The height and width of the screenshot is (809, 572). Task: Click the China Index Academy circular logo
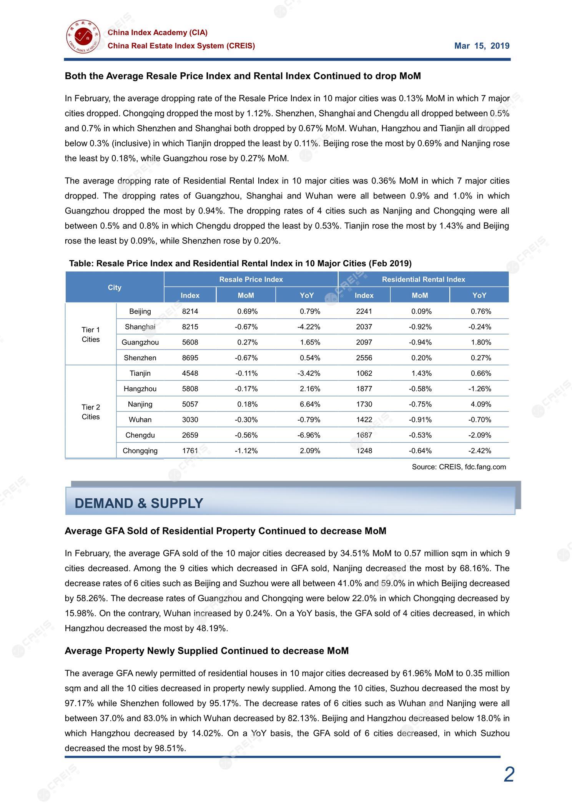coord(83,37)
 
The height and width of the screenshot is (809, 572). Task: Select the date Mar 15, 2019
coord(482,46)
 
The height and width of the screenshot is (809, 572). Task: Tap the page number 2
coord(509,774)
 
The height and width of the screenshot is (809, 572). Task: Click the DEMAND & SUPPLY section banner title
coord(139,503)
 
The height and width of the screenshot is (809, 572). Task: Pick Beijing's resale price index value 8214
coord(190,311)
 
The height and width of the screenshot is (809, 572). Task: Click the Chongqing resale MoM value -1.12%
coord(246,451)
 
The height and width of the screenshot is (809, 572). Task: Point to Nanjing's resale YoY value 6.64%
coord(310,404)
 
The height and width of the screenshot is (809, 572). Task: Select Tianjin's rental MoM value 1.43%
coord(421,373)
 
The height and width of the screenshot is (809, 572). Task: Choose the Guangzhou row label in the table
coord(140,342)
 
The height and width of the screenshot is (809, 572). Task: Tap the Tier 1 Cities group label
coord(91,335)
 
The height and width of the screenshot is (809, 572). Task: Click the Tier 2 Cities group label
coord(91,412)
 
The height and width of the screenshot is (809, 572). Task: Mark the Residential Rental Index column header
coord(423,280)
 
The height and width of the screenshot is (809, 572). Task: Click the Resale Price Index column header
coord(251,280)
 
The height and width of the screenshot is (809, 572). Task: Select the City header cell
coord(115,288)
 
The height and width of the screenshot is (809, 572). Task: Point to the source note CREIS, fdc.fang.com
coord(459,467)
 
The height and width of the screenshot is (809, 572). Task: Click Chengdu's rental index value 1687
coord(364,435)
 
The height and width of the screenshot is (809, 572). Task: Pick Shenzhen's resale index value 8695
coord(190,358)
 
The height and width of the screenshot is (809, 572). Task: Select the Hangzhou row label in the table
coord(140,389)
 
